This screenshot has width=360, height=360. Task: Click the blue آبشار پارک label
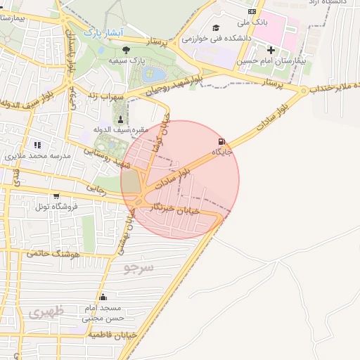click(x=103, y=32)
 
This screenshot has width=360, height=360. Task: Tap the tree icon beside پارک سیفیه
click(x=126, y=49)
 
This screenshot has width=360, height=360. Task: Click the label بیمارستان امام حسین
click(x=271, y=61)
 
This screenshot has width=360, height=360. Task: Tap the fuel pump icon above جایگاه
click(x=222, y=141)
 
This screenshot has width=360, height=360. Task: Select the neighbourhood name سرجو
click(x=139, y=267)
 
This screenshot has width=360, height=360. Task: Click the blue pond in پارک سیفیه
click(x=155, y=74)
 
